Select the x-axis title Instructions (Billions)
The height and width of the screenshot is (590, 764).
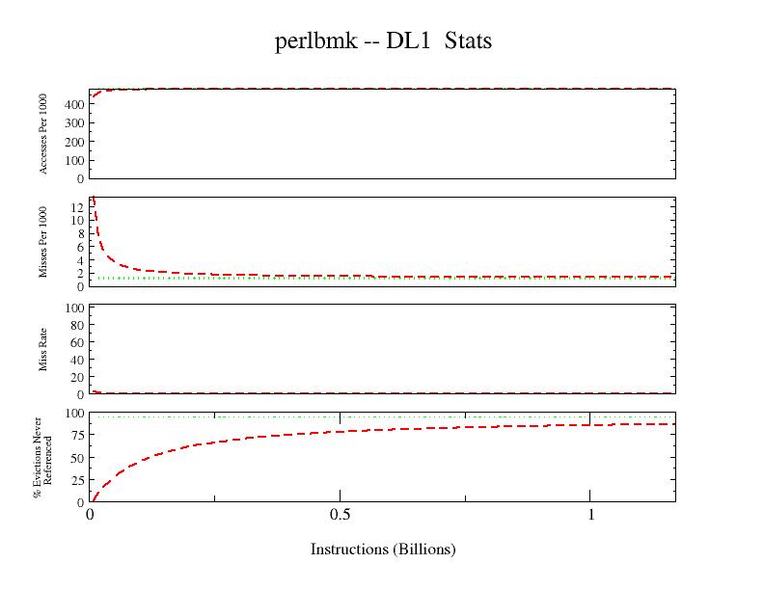click(x=383, y=550)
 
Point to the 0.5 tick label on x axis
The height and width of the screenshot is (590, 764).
click(x=340, y=516)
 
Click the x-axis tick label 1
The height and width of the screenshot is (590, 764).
click(x=589, y=516)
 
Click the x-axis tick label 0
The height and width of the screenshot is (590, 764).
click(x=90, y=516)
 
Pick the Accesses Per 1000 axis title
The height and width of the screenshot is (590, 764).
click(x=44, y=135)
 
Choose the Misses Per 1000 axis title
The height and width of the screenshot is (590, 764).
click(x=44, y=243)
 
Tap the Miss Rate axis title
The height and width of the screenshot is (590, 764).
click(x=44, y=350)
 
